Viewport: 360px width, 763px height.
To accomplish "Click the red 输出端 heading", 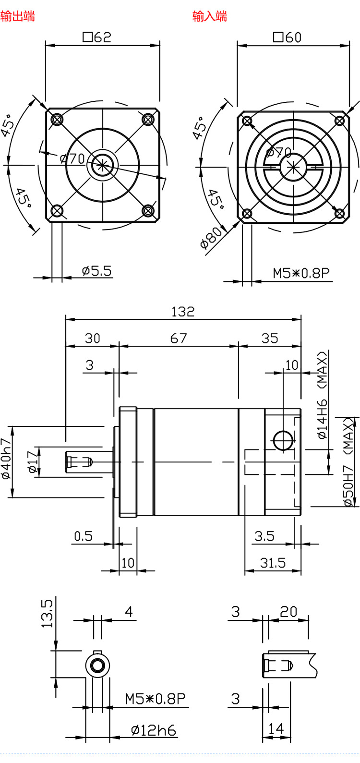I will pyautogui.click(x=18, y=16).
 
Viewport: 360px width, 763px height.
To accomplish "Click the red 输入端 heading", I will pyautogui.click(x=210, y=16).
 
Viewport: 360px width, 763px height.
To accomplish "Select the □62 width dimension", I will pyautogui.click(x=97, y=37).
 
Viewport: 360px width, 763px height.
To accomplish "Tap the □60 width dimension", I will pyautogui.click(x=288, y=37).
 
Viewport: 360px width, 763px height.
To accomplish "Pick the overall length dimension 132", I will pyautogui.click(x=183, y=312).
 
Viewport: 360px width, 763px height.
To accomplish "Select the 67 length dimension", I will pyautogui.click(x=178, y=339).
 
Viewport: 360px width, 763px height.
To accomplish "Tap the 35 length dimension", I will pyautogui.click(x=270, y=339).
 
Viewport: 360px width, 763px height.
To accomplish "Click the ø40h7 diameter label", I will pyautogui.click(x=6, y=459).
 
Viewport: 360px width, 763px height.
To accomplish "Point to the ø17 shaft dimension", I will pyautogui.click(x=32, y=462).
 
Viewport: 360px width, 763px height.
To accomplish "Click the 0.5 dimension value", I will pyautogui.click(x=83, y=536).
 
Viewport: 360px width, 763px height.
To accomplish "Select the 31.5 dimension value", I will pyautogui.click(x=273, y=563).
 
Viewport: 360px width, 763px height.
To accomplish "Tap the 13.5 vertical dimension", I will pyautogui.click(x=48, y=613).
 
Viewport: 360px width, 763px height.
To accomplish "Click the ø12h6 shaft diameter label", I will pyautogui.click(x=153, y=731).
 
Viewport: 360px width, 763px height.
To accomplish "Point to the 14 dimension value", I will pyautogui.click(x=276, y=729).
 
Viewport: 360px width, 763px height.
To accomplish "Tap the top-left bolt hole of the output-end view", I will pyautogui.click(x=57, y=119).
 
